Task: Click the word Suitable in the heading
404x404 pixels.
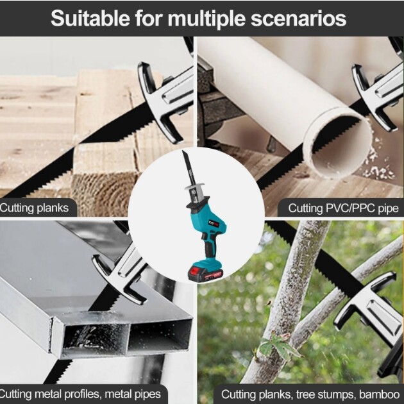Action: pos(90,18)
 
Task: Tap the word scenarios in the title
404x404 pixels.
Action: pos(298,19)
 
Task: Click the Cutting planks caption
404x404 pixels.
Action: pos(34,208)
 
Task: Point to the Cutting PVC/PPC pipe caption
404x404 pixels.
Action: pos(343,208)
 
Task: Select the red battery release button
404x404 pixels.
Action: pos(194,271)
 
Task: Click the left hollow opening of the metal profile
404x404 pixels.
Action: pos(96,337)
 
